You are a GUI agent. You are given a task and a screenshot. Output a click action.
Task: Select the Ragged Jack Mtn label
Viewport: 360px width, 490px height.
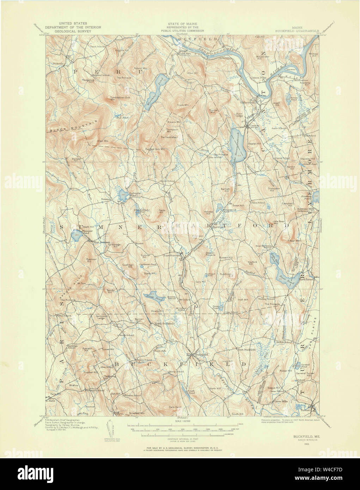point(155,149)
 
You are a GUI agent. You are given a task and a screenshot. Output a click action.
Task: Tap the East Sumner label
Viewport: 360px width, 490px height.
point(171,255)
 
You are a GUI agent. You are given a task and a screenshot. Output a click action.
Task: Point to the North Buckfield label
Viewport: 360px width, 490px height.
point(162,323)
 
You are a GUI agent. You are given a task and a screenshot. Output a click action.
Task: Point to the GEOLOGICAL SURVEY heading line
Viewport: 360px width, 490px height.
point(75,31)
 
